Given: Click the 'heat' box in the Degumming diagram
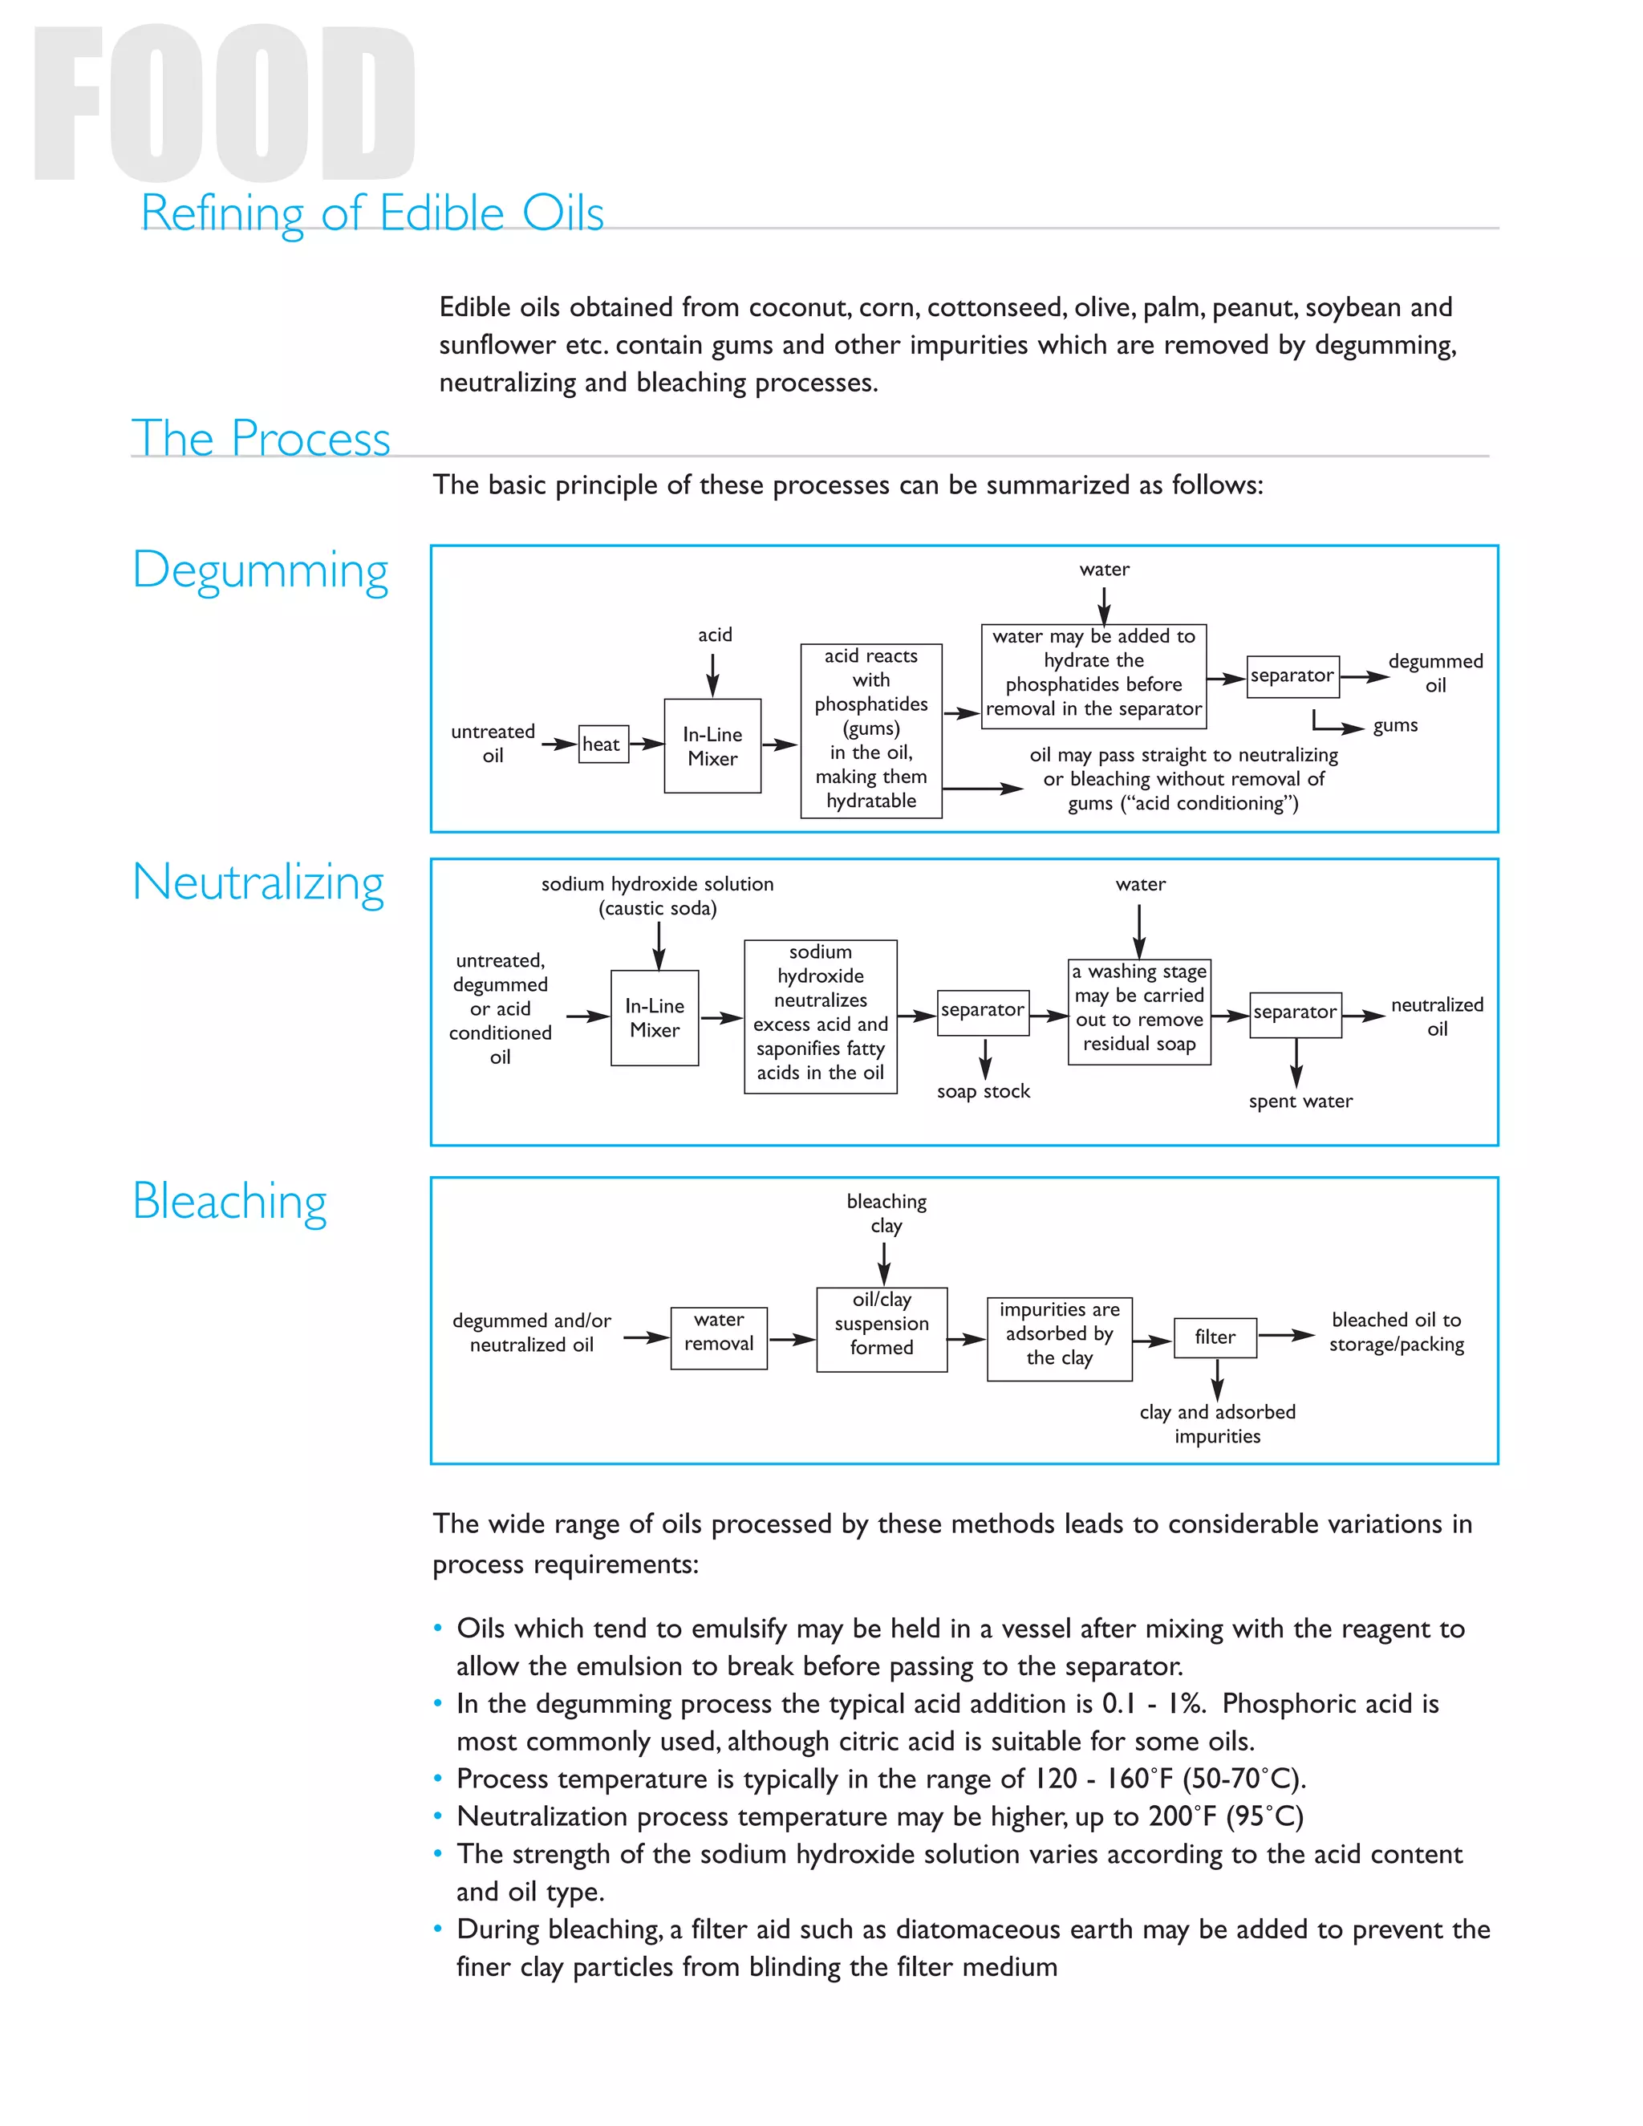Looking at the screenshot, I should pos(602,744).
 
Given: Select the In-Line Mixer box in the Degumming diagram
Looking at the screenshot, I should pos(712,745).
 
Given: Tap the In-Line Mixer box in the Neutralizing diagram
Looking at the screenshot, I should pos(655,1017).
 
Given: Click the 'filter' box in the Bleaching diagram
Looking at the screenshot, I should pos(1215,1337).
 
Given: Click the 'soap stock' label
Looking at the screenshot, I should pos(983,1091).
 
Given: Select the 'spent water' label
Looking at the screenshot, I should pos(1300,1101).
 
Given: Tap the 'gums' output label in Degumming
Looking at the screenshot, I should pos(1395,725).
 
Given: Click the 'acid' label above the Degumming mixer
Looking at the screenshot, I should pos(715,635).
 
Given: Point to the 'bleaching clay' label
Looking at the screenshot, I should pos(886,1213).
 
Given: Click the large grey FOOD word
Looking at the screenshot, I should pos(225,104).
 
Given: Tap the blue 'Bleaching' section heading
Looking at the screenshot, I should pos(229,1200).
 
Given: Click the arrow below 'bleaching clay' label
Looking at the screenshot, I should pos(884,1264).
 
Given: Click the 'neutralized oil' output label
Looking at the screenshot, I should pos(1437,1016).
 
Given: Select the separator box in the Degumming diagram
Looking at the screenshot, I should pos(1292,676).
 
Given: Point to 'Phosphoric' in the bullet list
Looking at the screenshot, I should pos(1281,1703).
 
